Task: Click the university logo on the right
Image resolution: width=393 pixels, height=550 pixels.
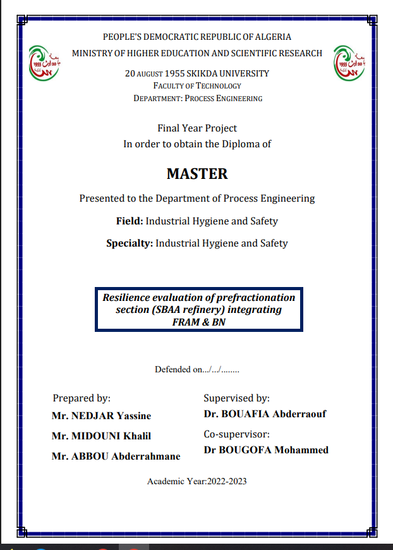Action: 349,63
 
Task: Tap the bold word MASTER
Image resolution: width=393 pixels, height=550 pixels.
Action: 197,173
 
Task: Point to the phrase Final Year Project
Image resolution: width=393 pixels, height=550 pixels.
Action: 197,128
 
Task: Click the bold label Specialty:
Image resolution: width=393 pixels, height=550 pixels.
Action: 130,243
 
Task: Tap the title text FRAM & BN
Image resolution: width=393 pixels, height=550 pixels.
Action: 198,321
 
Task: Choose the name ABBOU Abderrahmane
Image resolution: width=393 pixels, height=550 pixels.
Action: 116,456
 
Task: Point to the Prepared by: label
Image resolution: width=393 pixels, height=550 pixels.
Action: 82,398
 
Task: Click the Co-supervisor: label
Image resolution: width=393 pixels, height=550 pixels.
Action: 236,434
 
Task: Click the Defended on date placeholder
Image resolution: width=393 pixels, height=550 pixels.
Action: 218,370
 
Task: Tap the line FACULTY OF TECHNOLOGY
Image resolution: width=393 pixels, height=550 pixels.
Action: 197,86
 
